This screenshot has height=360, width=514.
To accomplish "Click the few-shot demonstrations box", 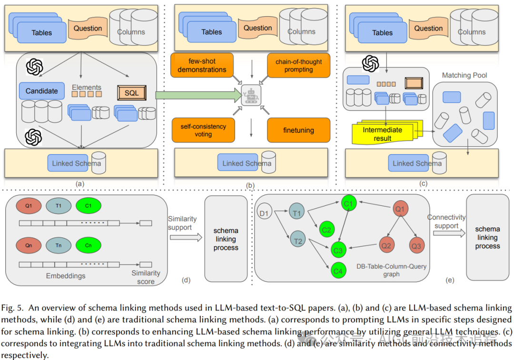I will coord(202,65).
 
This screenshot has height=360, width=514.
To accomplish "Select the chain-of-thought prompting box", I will coord(298,66).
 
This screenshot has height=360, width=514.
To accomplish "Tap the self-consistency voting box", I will coord(203,130).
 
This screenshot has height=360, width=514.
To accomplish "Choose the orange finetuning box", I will coord(298,130).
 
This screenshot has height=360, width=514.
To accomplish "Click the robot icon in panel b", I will coord(250,96).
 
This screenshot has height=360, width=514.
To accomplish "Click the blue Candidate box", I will coord(42,91).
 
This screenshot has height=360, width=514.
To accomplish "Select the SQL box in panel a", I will coord(132,93).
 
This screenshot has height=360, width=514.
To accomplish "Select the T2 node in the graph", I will coord(298,241).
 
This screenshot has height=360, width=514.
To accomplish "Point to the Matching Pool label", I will coord(465,75).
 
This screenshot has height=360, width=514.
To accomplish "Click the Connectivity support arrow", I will coord(446,234).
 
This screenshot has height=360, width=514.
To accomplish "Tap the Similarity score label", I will coord(146,277).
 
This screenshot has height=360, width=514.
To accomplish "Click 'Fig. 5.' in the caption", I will coord(14,308).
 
